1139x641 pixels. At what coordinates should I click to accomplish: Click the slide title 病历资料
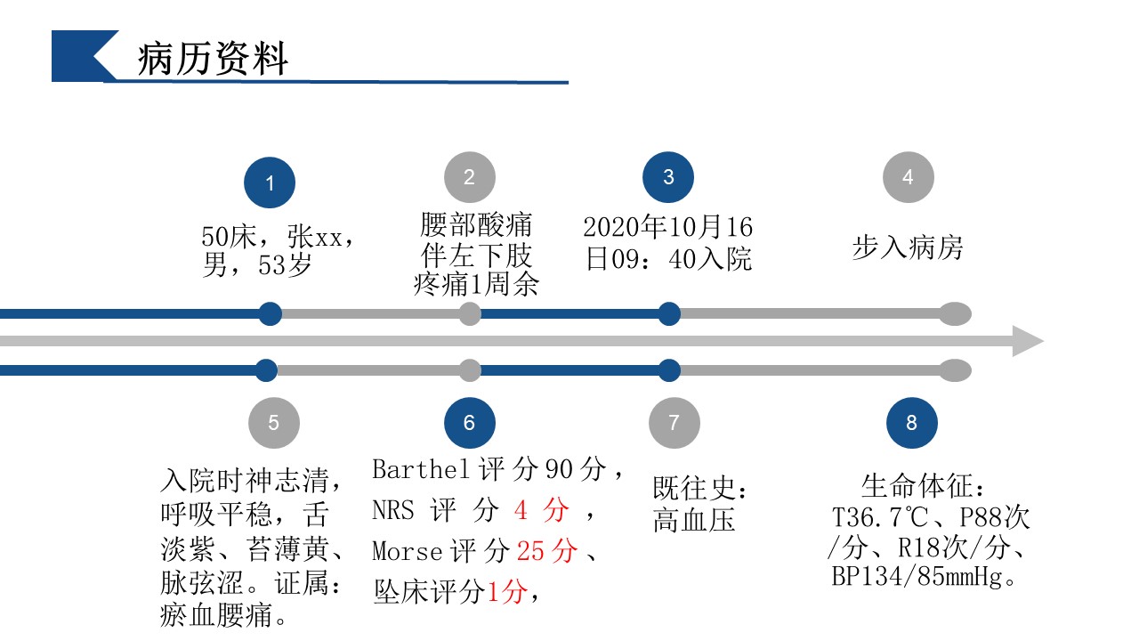[x=214, y=59]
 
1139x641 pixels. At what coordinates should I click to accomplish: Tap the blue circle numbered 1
[x=270, y=183]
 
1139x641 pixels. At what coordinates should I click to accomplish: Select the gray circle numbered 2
[x=469, y=177]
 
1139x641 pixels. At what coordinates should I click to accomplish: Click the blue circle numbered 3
[x=668, y=177]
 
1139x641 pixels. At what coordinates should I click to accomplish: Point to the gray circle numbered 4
[x=908, y=177]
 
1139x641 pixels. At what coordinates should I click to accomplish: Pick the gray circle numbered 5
[x=273, y=422]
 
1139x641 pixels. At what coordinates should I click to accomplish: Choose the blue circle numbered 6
[x=469, y=422]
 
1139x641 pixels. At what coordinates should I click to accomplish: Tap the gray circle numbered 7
[x=674, y=422]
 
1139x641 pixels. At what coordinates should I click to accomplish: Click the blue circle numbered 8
[x=911, y=422]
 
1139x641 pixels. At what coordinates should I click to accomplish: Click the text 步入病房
[x=908, y=247]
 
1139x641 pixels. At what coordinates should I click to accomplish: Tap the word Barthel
[x=423, y=469]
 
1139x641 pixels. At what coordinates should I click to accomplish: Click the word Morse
[x=408, y=551]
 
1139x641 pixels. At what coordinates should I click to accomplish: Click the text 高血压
[x=694, y=520]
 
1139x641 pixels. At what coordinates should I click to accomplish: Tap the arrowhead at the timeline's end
[x=1027, y=341]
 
